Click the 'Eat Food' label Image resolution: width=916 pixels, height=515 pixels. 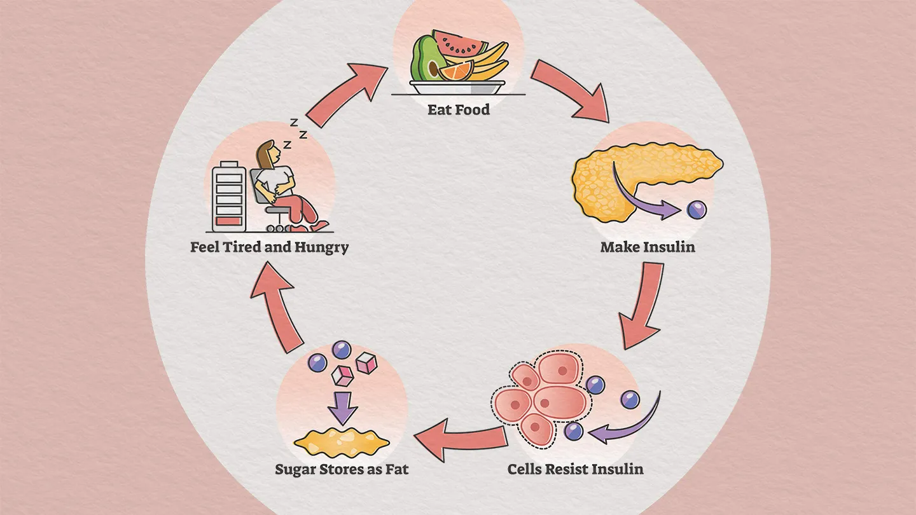tap(458, 109)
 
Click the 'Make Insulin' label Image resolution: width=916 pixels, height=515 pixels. tap(647, 247)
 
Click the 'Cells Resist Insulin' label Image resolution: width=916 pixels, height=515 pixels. tap(575, 469)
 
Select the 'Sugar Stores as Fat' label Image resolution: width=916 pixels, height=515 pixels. tap(342, 470)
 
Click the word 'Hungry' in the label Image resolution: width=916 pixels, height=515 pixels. tap(321, 247)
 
